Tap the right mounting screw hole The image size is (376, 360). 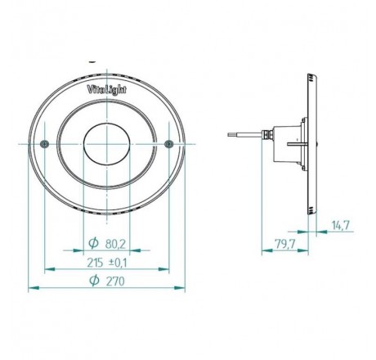(x=168, y=144)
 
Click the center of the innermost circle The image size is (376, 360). (x=107, y=144)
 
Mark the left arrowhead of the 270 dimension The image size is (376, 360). (x=31, y=287)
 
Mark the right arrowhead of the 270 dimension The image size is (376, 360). (x=183, y=287)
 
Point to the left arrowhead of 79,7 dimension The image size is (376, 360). (x=263, y=250)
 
